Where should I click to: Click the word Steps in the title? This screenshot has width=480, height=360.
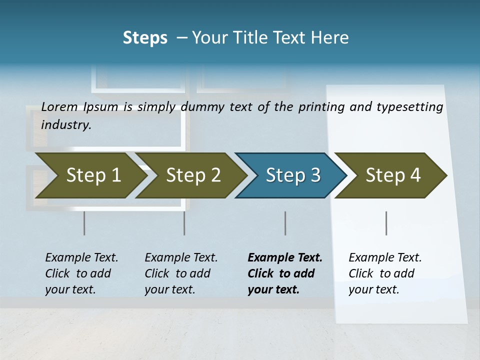145,38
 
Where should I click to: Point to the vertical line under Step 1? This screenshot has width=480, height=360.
84,223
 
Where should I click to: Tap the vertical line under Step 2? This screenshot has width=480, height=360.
184,223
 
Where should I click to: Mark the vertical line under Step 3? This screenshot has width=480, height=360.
285,223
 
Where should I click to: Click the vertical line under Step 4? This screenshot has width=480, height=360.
386,223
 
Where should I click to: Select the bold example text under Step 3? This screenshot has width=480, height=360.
285,273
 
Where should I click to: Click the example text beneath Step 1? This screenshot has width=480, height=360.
81,273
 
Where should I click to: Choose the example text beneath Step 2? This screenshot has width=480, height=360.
181,273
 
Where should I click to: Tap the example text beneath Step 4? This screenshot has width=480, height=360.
385,273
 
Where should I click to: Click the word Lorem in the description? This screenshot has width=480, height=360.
59,106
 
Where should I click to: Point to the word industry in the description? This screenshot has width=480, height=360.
66,125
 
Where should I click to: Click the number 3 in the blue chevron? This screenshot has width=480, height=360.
315,175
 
